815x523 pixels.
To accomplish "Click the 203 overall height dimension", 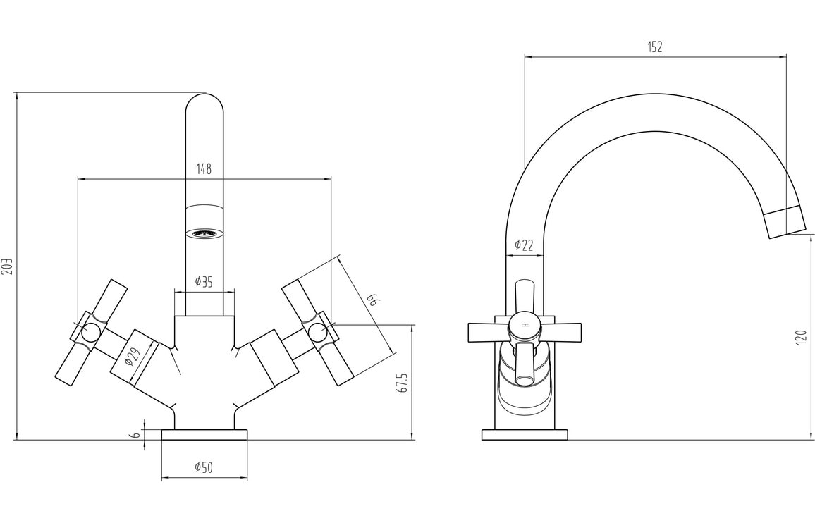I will (x=8, y=266).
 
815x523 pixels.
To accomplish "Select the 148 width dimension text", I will (x=204, y=168).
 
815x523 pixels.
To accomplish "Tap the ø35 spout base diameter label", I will (x=204, y=283).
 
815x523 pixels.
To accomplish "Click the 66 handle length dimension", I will (x=373, y=301).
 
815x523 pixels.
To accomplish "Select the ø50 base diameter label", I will (x=204, y=467).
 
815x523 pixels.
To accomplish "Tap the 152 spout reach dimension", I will (x=655, y=47).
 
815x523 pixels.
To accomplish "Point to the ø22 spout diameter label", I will (x=524, y=245).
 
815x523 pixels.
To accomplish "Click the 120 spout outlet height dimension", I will (x=800, y=337).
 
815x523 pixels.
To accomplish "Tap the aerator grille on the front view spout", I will (x=204, y=233).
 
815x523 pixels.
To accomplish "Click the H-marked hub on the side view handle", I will (x=525, y=326).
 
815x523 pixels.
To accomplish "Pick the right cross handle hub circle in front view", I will (x=319, y=331).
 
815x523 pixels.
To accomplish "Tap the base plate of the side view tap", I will (x=525, y=434).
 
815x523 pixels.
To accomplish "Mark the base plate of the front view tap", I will (x=204, y=434).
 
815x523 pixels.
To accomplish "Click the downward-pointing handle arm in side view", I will (x=523, y=366).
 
